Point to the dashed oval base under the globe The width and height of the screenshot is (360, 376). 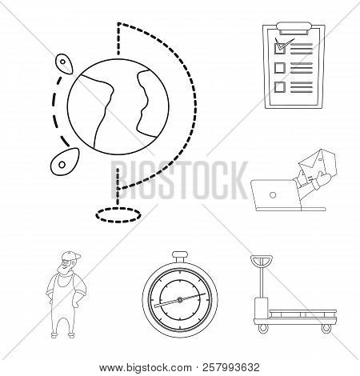[x=115, y=214]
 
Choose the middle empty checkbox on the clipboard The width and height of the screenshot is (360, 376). [x=280, y=66]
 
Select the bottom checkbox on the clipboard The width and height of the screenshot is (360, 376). [x=280, y=86]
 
